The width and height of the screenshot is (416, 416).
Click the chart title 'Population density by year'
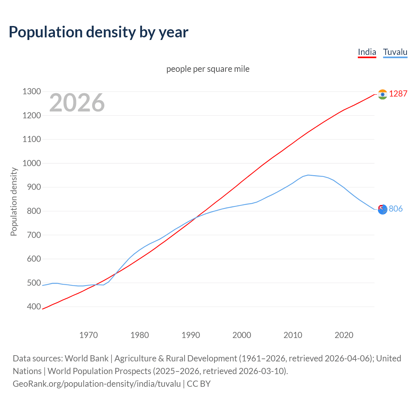98,32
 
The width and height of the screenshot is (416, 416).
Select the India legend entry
367,52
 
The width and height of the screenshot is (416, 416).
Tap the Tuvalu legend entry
395,52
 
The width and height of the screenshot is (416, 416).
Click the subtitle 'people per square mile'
208,69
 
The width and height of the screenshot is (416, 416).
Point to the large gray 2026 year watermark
77,103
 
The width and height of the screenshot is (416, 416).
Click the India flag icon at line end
383,94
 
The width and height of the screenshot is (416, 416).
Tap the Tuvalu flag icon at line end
383,209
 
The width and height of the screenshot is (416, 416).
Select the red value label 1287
398,94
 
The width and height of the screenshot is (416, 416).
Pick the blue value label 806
396,209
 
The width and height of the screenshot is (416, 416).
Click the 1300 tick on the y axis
32,92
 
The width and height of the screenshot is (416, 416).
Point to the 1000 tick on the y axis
32,163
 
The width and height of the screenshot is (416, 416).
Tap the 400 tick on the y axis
34,306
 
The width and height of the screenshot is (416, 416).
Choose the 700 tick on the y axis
34,235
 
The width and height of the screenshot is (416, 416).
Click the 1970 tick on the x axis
88,335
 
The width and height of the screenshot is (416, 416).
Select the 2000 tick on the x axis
242,335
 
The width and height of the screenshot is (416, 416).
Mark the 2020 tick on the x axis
344,335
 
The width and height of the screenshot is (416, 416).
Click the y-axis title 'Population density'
14,201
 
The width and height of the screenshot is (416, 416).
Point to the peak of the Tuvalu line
308,175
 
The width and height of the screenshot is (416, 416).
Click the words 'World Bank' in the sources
86,358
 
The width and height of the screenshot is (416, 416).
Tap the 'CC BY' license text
199,384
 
